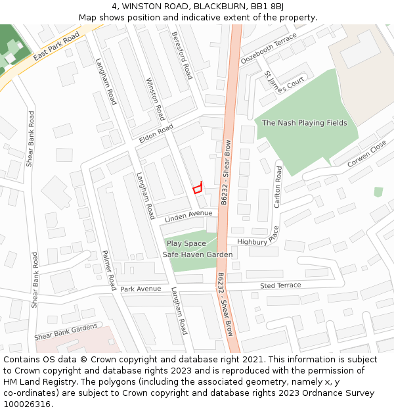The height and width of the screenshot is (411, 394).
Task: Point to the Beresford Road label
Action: pos(182,55)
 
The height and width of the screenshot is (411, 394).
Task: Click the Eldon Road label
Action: pos(156,133)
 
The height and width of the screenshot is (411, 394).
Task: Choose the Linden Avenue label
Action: pos(188,216)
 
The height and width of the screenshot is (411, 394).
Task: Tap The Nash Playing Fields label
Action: pos(305,123)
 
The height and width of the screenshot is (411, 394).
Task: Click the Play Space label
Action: pos(186,243)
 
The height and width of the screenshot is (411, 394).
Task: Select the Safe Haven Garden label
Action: pos(198,254)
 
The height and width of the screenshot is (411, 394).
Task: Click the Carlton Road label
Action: pos(278,187)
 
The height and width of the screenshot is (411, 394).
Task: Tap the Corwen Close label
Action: pos(367,156)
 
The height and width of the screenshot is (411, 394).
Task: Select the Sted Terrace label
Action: pos(280,285)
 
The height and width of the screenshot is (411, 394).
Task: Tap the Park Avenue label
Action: pos(141,289)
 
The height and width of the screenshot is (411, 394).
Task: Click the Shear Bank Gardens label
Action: pos(66,331)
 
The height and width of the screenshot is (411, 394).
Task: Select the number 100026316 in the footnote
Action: pos(27,404)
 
